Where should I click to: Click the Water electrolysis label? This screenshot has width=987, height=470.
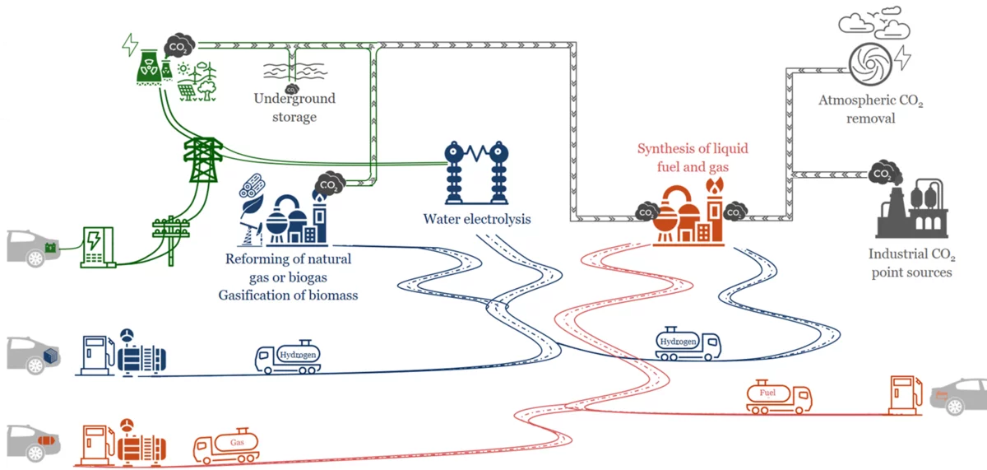click(477, 219)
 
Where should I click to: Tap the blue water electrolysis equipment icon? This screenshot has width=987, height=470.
click(473, 173)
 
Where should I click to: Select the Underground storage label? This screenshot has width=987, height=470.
click(294, 108)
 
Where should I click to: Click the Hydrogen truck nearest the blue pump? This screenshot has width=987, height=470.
click(288, 356)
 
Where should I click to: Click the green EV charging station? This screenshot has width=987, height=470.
click(97, 247)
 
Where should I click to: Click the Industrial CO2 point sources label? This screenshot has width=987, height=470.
click(911, 263)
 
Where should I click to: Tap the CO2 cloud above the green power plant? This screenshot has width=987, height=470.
click(178, 45)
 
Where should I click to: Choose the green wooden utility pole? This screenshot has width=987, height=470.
click(171, 239)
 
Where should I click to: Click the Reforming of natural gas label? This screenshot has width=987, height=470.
click(288, 268)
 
